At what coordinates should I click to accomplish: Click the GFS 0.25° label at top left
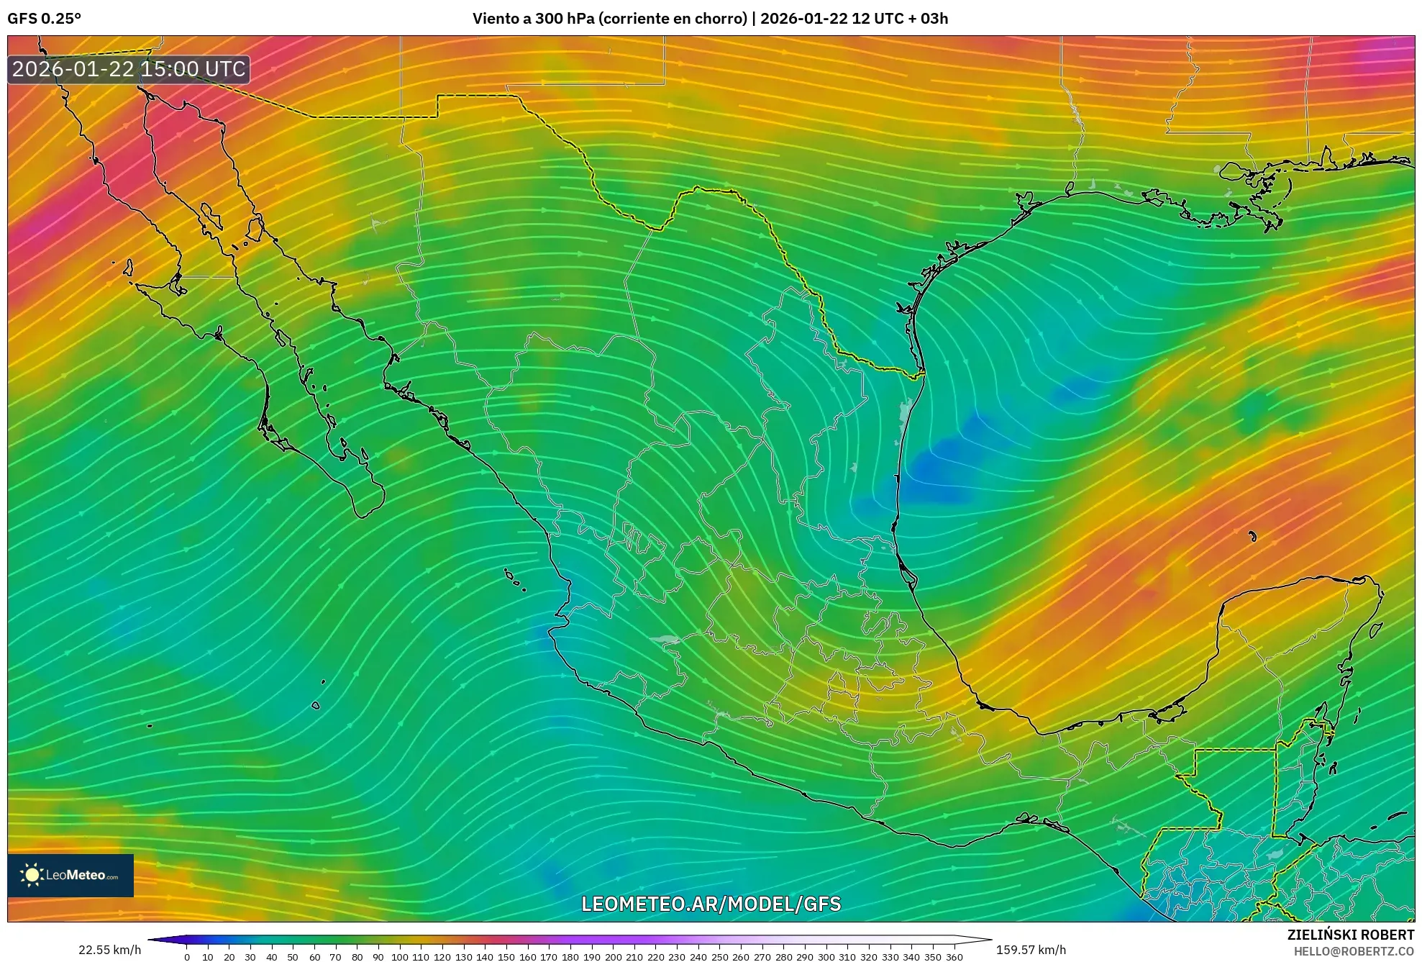(x=44, y=19)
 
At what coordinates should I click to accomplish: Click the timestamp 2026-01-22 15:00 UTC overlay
(x=129, y=69)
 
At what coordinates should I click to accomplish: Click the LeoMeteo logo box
(x=70, y=875)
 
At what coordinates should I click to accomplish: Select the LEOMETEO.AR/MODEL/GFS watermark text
(x=711, y=904)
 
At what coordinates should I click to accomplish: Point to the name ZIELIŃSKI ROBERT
(x=1350, y=935)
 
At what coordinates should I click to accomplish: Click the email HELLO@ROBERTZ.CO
(x=1354, y=951)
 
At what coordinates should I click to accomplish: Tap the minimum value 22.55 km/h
(x=109, y=950)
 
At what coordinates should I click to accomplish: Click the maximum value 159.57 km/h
(x=1031, y=950)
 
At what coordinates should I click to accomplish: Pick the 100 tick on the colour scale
(x=399, y=957)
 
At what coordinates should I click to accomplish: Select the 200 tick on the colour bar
(x=613, y=957)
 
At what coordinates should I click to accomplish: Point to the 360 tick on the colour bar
(x=954, y=957)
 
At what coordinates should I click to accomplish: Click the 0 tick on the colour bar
(x=187, y=957)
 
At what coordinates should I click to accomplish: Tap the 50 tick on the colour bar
(x=293, y=957)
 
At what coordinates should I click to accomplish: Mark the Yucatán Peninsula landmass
(x=1287, y=648)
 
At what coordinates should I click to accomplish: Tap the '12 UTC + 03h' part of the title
(x=899, y=19)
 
